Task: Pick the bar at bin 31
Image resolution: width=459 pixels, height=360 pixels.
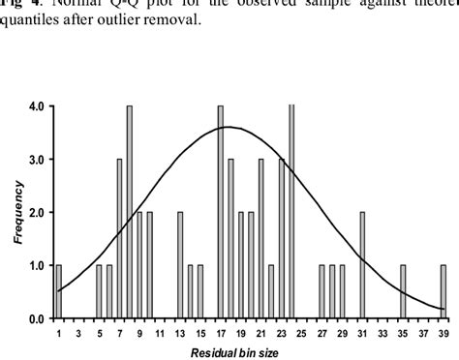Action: click(362, 265)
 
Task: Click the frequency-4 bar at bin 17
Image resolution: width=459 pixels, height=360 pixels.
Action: click(221, 212)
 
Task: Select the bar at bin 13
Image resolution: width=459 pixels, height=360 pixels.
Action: click(180, 265)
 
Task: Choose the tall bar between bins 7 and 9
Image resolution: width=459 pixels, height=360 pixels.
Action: click(129, 212)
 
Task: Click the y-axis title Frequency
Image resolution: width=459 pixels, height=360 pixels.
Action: click(17, 214)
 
